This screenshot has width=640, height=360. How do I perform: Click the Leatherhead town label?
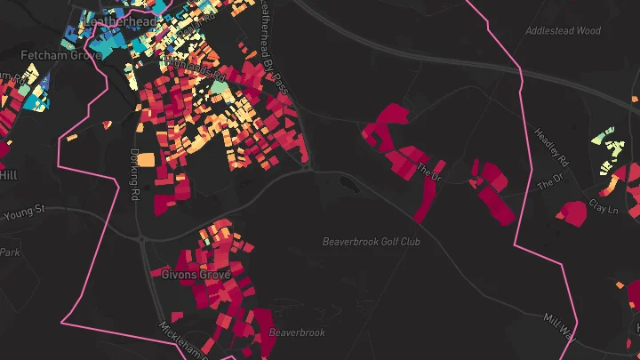tap(120, 20)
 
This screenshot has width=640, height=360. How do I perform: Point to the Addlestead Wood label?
tap(563, 30)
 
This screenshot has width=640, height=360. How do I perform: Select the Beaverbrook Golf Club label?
tap(371, 241)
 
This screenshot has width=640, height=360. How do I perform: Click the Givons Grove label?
tap(196, 275)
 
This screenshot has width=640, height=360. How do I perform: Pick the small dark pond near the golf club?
tap(345, 183)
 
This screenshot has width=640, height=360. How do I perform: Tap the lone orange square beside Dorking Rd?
tap(145, 161)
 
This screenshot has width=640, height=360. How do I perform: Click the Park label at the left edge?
tap(9, 252)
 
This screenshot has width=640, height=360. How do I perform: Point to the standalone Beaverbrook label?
tap(297, 332)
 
